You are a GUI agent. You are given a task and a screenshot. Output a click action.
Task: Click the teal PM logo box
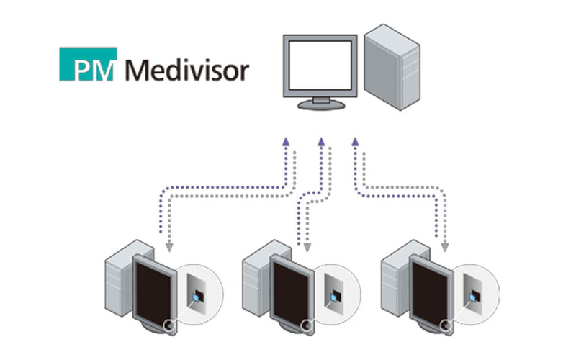pos(87,64)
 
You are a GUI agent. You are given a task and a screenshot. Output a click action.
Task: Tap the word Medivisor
pos(186,71)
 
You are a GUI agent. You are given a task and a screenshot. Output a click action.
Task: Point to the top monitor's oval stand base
pos(320,105)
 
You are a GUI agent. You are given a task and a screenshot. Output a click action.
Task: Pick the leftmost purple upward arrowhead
pos(286,141)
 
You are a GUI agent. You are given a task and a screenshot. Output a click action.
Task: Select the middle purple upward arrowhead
pos(321,141)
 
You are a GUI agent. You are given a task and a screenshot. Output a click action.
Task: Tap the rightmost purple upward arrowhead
pos(355,141)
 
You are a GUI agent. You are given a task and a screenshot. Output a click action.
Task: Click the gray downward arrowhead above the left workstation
pos(169,247)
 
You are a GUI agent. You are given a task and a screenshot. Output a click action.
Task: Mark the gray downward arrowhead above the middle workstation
pos(307,247)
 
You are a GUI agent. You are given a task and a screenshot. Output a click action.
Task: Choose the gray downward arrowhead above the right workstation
pos(444,247)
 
